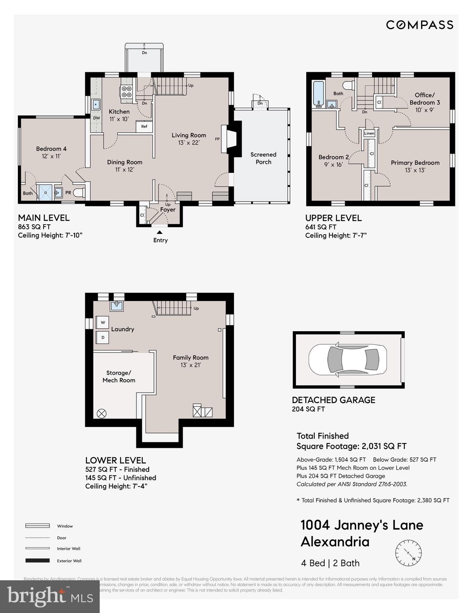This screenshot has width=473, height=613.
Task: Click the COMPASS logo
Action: pos(420,25)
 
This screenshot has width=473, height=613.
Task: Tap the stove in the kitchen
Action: pos(126,92)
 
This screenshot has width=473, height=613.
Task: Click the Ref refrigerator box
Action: pos(144,127)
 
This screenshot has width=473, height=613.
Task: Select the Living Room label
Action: pos(189,135)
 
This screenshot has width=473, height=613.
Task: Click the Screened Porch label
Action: pos(263,158)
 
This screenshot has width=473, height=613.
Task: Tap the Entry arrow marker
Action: pos(160,232)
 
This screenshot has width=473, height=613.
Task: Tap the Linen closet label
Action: pos(369,133)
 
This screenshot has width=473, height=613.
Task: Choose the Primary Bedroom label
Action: pos(415,163)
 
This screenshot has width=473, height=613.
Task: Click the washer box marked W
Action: pos(102,322)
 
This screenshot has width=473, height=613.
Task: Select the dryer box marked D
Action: pos(102,338)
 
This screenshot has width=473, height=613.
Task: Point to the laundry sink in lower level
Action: pos(117,306)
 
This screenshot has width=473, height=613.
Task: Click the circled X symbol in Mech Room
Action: pos(102,413)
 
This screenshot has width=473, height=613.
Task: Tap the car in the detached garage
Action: pos(347,360)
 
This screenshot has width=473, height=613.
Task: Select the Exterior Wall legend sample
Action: pos(37,561)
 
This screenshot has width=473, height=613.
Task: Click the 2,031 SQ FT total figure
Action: pos(384,446)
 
